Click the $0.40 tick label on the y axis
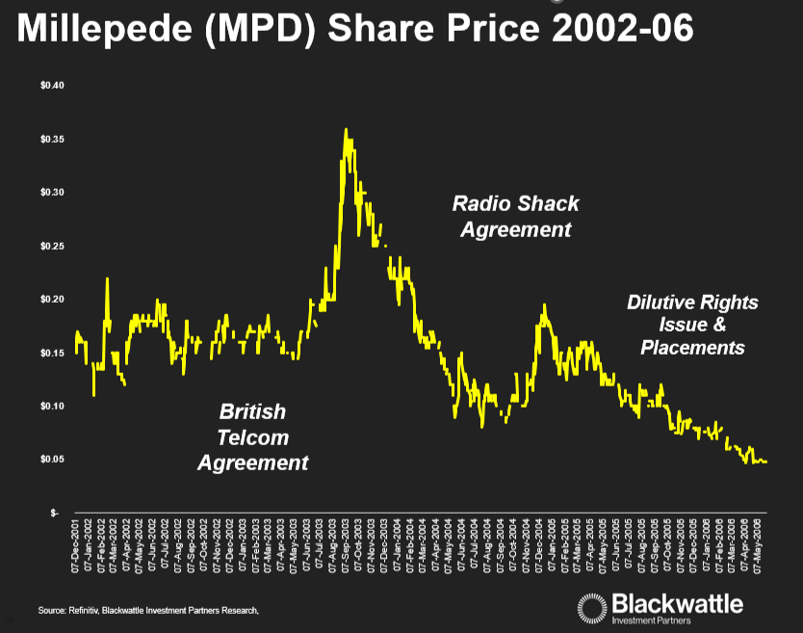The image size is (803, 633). click(51, 86)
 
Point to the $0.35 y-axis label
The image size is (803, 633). click(51, 140)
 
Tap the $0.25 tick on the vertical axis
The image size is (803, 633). click(51, 247)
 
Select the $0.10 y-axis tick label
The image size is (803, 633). click(51, 407)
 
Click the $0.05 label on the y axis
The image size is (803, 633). click(51, 460)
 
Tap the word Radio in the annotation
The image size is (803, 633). click(480, 204)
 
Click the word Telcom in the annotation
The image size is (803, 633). click(253, 437)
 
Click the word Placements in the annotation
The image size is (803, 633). click(692, 347)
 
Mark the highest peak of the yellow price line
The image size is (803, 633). click(346, 129)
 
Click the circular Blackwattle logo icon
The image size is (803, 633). click(591, 606)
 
